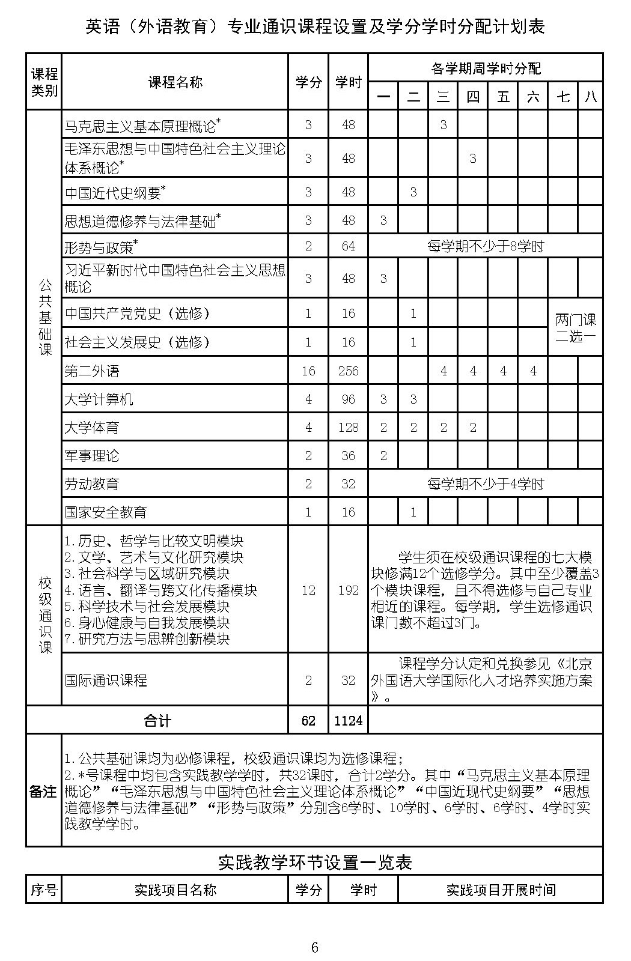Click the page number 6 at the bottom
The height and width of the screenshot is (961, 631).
pos(314,948)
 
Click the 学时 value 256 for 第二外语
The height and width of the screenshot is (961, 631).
pos(348,371)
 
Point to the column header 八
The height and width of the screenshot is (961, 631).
pos(591,96)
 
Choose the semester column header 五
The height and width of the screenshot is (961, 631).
pos(503,96)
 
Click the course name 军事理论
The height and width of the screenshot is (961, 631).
pos(92,456)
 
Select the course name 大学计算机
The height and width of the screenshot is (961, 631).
pos(99,399)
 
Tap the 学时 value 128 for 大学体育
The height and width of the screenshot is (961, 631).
pos(348,428)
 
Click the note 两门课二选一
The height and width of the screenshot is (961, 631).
pos(575,328)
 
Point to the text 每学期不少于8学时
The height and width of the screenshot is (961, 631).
pos(485,246)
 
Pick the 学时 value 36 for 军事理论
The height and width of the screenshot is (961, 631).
pos(348,456)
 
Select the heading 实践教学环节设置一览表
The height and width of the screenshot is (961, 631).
pos(314,863)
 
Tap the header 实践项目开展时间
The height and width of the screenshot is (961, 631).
pos(501,890)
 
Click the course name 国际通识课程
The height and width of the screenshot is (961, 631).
pos(106,681)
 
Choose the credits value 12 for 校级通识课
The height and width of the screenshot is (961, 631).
pos(308,590)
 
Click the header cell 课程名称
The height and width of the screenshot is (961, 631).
pos(175,83)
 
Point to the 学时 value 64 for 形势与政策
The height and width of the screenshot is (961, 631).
pos(348,246)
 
